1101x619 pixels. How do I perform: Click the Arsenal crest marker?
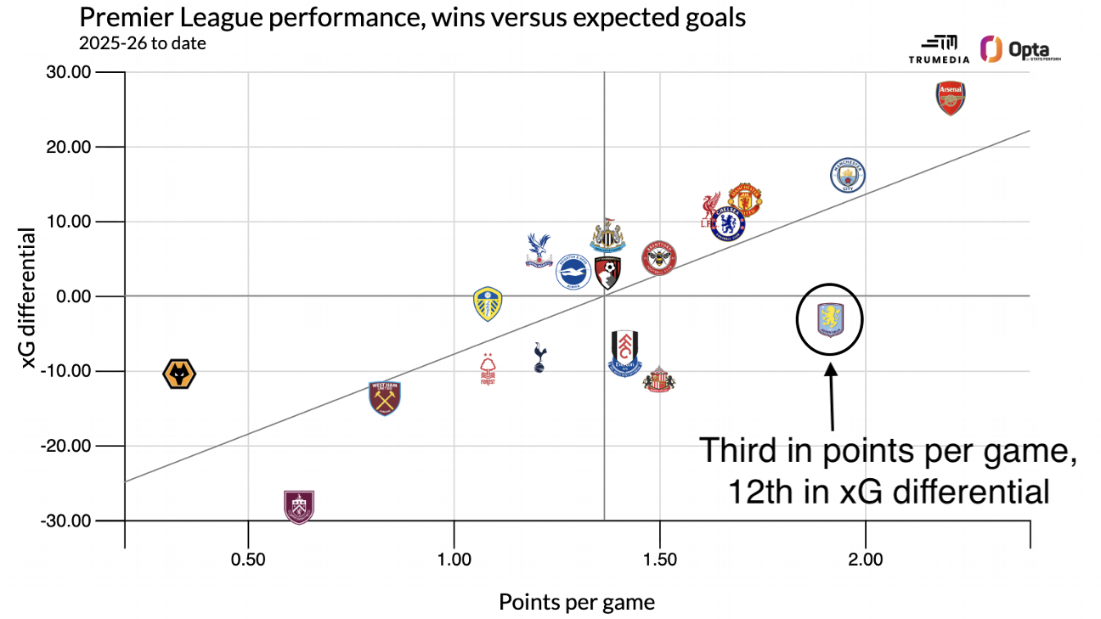coord(951,98)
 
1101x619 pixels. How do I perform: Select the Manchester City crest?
coord(847,176)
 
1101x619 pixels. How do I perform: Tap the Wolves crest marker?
coord(179,374)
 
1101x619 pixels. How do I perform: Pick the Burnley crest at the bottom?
coord(298,507)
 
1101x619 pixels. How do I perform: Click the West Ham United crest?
coord(385,397)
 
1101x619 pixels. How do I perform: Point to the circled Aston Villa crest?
coord(830,319)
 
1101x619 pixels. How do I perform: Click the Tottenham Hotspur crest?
coord(539,357)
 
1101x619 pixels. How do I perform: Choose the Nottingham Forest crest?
coord(488,370)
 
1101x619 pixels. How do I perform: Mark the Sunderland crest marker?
coord(658,379)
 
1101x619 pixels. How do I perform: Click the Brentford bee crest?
coord(658,257)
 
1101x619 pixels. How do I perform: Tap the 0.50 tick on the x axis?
coord(247,560)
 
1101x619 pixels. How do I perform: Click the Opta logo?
coord(1020,50)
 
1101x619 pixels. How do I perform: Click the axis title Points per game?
coord(577,602)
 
